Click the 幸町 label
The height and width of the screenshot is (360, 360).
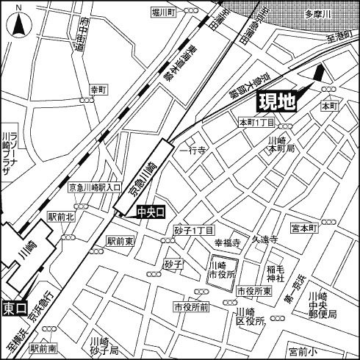coord(98,89)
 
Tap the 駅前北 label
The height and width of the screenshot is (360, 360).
coord(61,217)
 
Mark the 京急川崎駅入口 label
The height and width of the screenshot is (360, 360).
coord(95,188)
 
